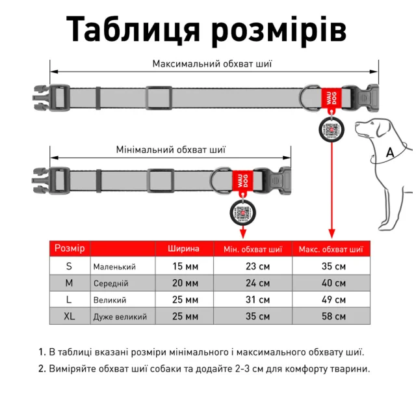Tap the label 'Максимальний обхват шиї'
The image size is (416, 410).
(x=212, y=64)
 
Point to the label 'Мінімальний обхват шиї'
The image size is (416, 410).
(x=171, y=149)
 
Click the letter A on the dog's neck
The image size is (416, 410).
(x=390, y=152)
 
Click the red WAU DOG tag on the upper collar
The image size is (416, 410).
(x=330, y=98)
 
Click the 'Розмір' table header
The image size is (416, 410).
(x=69, y=249)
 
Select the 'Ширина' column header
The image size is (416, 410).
(x=183, y=249)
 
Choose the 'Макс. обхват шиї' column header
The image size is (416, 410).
(x=331, y=249)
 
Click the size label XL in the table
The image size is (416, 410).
(x=69, y=316)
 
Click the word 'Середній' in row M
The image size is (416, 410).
(x=111, y=284)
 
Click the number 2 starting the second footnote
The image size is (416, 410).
(x=42, y=368)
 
